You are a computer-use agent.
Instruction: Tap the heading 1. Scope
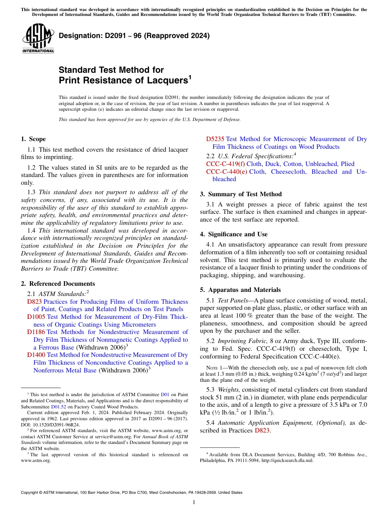click(33, 139)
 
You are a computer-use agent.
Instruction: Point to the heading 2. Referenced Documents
click(58, 284)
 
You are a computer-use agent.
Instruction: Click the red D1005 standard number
click(36, 317)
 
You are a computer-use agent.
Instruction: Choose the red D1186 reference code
click(36, 332)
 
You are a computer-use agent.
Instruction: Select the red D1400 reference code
click(36, 355)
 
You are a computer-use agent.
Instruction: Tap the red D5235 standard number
click(215, 139)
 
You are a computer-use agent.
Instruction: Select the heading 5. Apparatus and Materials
click(240, 290)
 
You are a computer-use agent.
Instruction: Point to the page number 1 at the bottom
click(194, 502)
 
